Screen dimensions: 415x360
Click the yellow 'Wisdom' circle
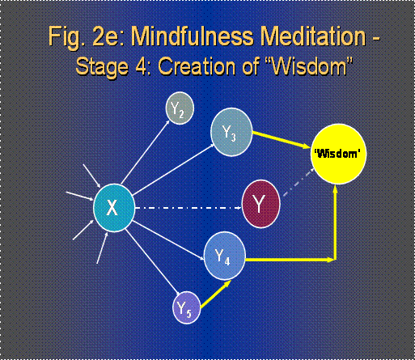tap(338, 154)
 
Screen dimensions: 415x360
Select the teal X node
tap(114, 208)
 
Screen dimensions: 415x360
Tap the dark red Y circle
tap(260, 204)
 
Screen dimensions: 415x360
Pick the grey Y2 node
tap(180, 108)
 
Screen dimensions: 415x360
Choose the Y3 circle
tap(231, 132)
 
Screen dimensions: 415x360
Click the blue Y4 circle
tap(225, 256)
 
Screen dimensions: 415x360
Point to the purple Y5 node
tap(186, 307)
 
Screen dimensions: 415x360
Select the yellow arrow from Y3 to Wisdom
tap(281, 140)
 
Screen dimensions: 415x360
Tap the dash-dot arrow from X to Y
tap(188, 208)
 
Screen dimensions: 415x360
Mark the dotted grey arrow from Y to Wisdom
tap(299, 181)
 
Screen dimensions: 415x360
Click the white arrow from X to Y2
tap(145, 152)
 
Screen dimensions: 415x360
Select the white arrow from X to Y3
tap(173, 169)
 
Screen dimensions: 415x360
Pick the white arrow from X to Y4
tap(168, 240)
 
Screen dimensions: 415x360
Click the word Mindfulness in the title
tap(193, 36)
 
